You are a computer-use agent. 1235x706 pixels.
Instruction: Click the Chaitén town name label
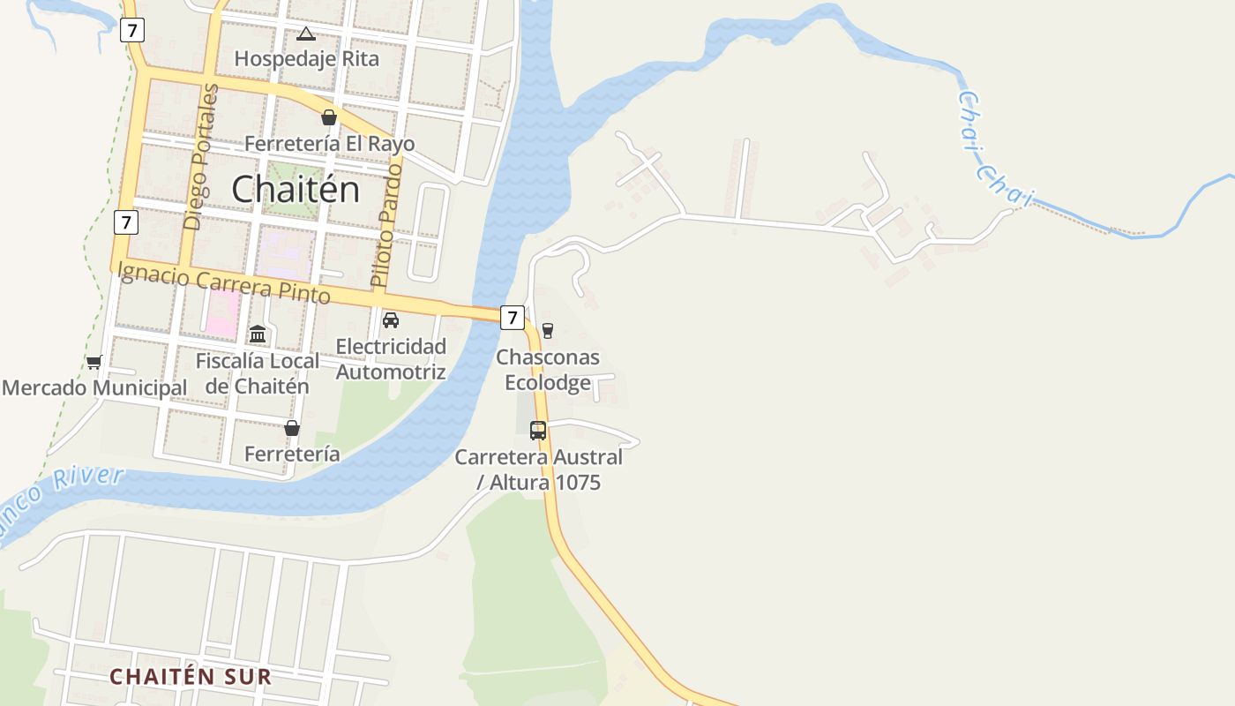pos(296,189)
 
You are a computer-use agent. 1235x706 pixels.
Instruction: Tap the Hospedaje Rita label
pos(306,59)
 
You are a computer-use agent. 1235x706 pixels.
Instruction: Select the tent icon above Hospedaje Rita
pos(306,34)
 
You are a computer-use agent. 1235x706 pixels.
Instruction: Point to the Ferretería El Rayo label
pos(329,143)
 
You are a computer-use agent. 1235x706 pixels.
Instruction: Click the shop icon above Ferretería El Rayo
pos(329,117)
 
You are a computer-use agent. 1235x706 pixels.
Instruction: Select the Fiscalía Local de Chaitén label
pos(258,373)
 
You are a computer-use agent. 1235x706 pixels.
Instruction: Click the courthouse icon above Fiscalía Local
pos(258,334)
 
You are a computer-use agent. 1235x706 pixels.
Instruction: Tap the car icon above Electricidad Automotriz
pos(391,320)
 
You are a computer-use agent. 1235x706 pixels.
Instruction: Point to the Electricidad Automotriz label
pos(391,358)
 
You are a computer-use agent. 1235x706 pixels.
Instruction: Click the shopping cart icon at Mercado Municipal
pos(94,362)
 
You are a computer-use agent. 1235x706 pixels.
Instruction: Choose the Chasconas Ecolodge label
pos(548,370)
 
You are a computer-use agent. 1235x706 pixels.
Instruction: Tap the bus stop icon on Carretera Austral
pos(538,431)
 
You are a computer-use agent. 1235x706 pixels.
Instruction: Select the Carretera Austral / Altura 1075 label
pos(538,469)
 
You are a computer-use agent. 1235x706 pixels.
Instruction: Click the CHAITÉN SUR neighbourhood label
pos(191,677)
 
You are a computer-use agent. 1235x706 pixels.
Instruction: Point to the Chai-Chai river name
pos(994,151)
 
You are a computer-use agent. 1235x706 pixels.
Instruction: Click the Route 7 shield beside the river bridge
pos(513,318)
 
